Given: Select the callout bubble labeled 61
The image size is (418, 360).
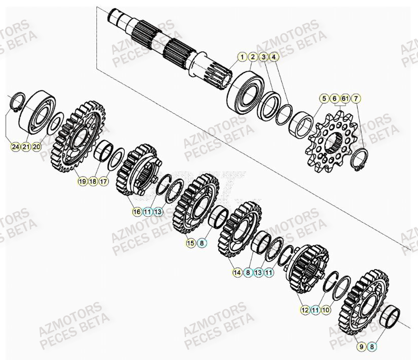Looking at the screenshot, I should click(x=345, y=98).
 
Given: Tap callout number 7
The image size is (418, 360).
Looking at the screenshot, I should click(x=356, y=98).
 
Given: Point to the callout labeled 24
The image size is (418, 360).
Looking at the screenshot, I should click(x=16, y=147).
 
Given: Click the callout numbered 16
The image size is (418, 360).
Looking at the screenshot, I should click(x=136, y=212).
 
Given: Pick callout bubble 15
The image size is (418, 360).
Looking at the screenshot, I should click(x=191, y=243).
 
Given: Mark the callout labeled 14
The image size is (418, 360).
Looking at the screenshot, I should click(x=237, y=273).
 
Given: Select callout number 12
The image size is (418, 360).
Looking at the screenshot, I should click(x=305, y=309).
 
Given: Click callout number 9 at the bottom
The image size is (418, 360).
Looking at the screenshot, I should click(x=362, y=347).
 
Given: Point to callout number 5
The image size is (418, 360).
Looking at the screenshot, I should click(x=324, y=98).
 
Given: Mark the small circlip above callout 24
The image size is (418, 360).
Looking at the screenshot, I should click(x=16, y=102).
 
